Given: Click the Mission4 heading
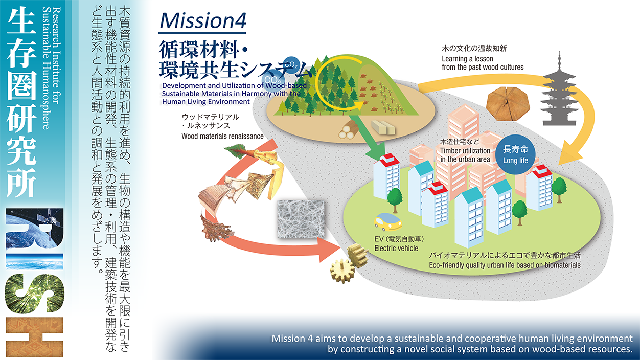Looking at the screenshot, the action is (203, 21).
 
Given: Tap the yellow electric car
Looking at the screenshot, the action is (387, 222).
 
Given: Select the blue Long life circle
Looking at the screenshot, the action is (515, 154).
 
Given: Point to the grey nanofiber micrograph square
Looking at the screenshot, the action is (301, 219).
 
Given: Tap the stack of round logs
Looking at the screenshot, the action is (349, 130).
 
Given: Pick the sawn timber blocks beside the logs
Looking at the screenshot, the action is (383, 127).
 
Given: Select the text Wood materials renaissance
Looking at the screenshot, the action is (222, 137).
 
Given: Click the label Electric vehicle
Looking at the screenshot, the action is (396, 249).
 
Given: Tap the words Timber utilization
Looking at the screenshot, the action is (465, 150).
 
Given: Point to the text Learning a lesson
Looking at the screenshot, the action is (467, 59).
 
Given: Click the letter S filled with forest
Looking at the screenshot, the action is (34, 294).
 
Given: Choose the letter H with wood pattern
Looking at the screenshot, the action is (34, 337).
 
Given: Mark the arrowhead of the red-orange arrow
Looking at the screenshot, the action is (329, 250).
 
